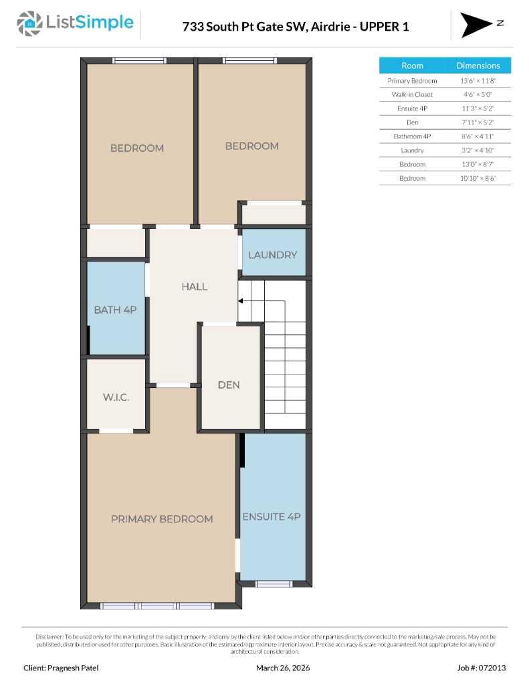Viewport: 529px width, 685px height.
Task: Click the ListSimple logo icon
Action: (29, 24)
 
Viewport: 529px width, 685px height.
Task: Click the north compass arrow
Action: (475, 25)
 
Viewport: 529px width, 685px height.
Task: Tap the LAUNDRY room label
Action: (272, 255)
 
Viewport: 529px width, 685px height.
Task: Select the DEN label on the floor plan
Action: (229, 385)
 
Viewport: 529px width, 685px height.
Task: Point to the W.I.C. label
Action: (116, 397)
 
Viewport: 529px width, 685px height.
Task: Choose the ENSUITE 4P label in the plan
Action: (272, 516)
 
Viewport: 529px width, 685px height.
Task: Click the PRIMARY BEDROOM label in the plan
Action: (162, 519)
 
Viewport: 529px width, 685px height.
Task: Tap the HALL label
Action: (195, 286)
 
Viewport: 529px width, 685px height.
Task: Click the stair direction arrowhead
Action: (241, 301)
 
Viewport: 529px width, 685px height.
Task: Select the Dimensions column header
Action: (478, 66)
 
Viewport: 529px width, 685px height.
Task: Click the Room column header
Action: (412, 66)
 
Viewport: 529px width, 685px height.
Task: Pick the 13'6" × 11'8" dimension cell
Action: (478, 80)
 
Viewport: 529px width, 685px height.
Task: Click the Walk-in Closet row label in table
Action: (412, 94)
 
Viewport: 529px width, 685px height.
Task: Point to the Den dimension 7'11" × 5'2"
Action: (478, 122)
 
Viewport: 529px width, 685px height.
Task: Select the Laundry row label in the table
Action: (412, 151)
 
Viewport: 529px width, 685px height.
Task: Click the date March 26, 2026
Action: (283, 668)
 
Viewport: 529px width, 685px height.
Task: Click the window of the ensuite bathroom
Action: (274, 584)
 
